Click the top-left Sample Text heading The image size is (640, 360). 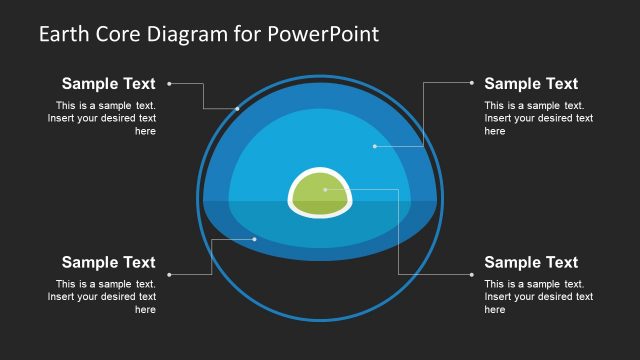point(108,84)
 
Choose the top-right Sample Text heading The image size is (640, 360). point(531,84)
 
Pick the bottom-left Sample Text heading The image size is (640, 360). point(108,262)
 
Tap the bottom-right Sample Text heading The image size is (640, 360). point(531,262)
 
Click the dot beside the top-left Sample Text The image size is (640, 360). point(170,84)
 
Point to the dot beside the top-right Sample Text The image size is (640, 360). point(471,84)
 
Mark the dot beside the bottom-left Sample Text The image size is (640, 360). point(170,274)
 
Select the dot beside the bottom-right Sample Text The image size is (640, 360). point(471,274)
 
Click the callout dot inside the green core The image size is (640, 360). point(352,189)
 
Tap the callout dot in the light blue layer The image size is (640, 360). point(374,146)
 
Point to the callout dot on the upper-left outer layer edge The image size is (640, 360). point(237,108)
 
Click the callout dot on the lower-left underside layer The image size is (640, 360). point(255,238)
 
